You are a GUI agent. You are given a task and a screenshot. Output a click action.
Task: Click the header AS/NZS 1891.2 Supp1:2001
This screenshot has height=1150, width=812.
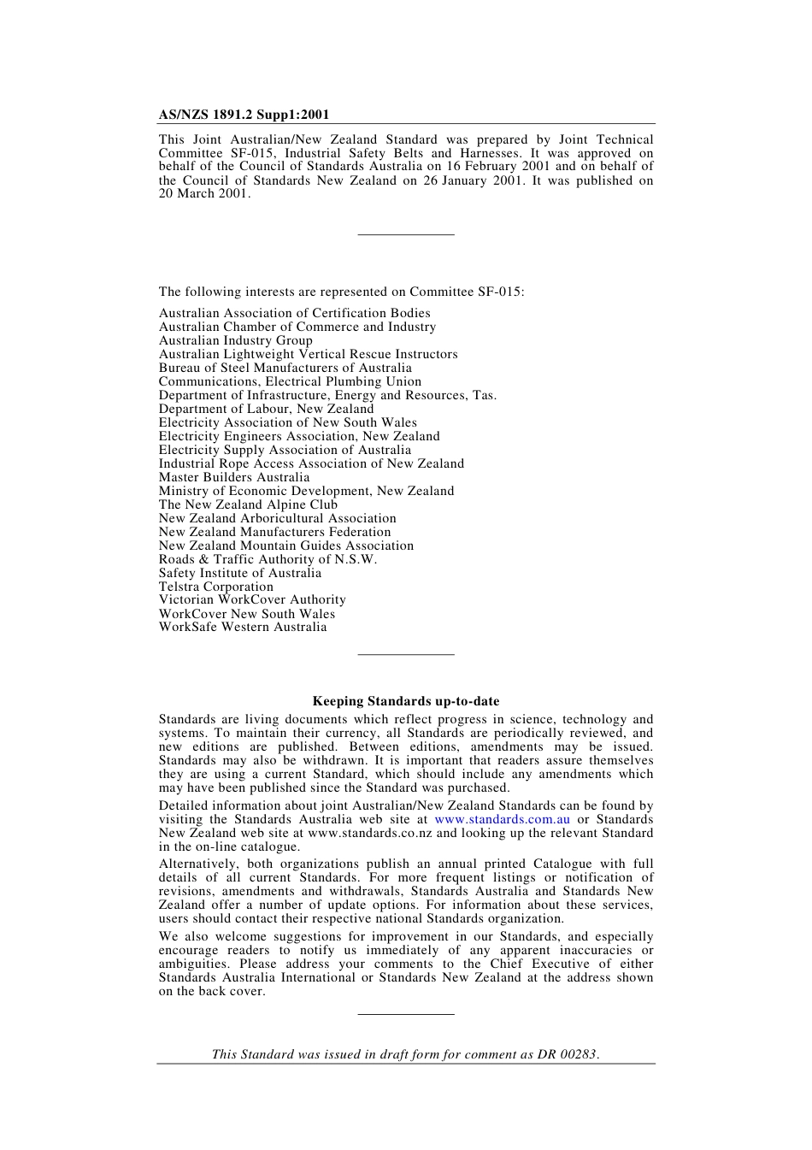coord(244,115)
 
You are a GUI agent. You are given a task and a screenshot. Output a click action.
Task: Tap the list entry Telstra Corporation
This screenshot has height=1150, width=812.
coord(216,587)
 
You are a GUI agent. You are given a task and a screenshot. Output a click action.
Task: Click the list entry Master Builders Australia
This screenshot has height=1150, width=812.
coord(234,477)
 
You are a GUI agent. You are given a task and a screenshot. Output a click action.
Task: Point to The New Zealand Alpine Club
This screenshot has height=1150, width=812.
coord(248,504)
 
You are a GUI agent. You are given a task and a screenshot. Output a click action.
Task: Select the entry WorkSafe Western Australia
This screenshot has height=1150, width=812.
coord(243,628)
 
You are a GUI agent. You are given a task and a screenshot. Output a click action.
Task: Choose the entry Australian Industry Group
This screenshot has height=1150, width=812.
coord(235,340)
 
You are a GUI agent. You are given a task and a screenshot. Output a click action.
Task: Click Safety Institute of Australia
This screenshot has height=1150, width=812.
coord(240,573)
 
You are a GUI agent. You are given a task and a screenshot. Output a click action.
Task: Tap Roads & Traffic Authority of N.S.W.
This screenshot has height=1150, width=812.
coord(268,559)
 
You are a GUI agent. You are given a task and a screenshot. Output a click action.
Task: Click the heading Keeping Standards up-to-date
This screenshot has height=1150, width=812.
coord(406,701)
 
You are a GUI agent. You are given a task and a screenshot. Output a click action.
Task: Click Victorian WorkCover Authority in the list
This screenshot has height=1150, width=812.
coord(252,600)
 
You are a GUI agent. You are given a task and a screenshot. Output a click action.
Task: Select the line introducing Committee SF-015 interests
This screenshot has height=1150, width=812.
coord(342,292)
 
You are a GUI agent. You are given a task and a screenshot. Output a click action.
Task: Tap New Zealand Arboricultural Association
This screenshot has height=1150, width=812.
coord(277,518)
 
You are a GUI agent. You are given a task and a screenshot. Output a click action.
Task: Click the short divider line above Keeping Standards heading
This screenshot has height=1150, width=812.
coord(406,655)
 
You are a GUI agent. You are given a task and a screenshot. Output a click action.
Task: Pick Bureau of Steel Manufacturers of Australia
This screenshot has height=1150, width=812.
coord(285,368)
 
